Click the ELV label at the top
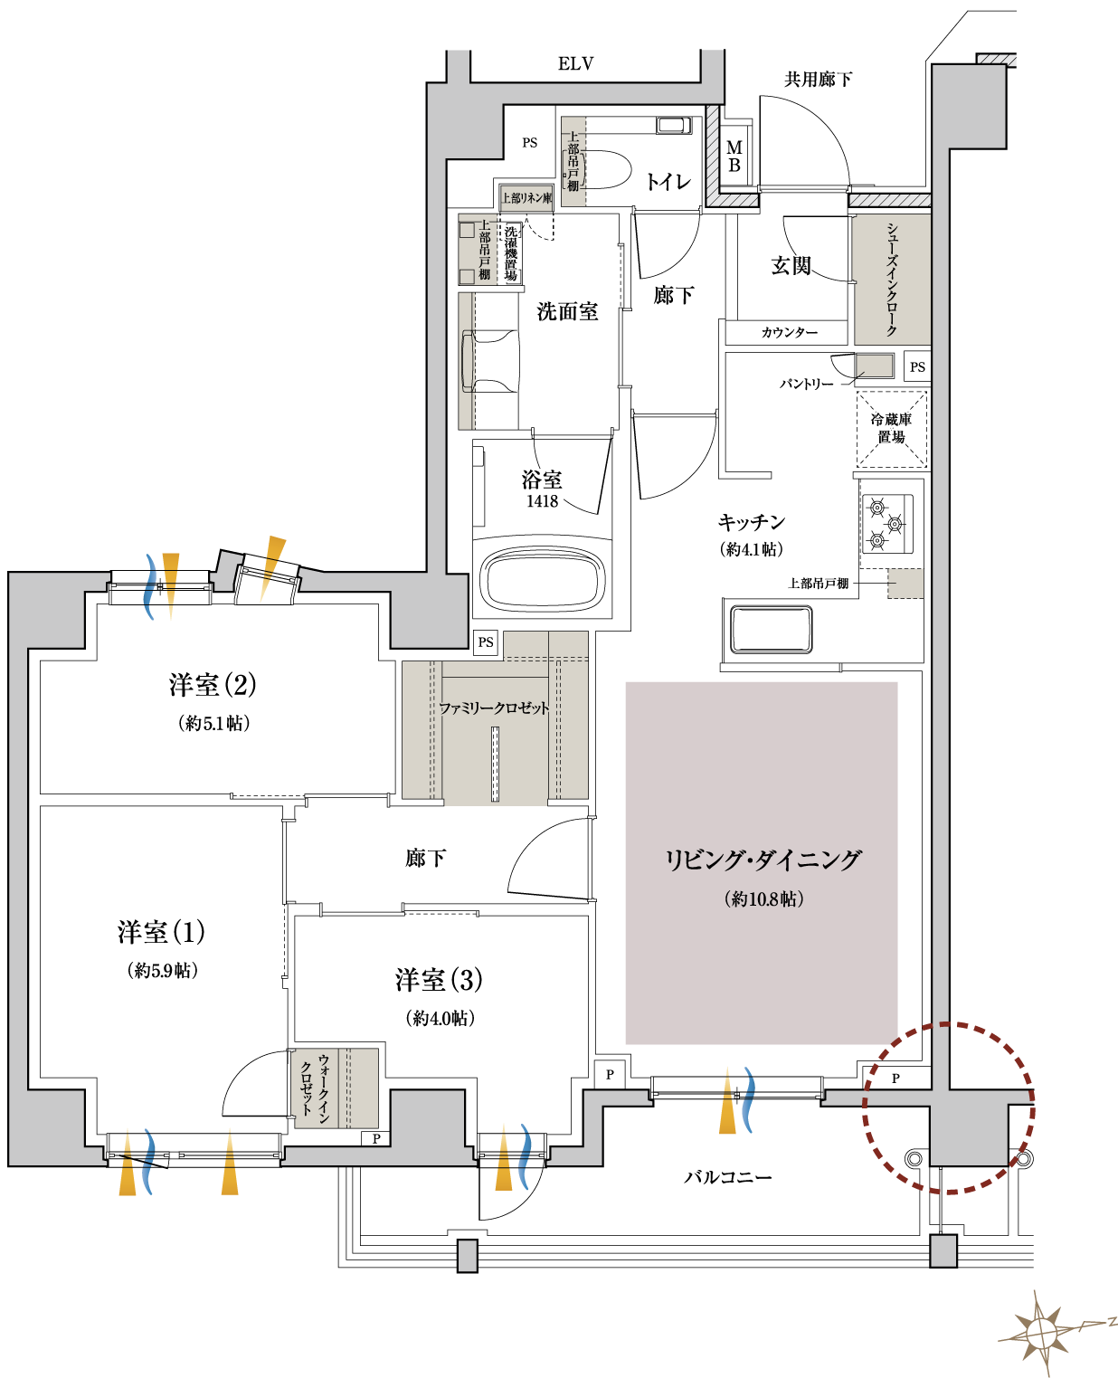click(x=575, y=63)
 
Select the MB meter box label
click(x=734, y=157)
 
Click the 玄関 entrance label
click(x=791, y=265)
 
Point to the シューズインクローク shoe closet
click(x=893, y=280)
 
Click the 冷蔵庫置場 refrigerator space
click(x=892, y=429)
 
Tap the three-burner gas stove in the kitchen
click(x=886, y=524)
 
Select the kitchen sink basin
click(x=771, y=630)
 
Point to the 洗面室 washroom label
click(x=567, y=312)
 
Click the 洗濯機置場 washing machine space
click(x=510, y=253)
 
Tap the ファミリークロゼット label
click(x=494, y=708)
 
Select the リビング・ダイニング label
click(x=763, y=860)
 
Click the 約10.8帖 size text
click(x=763, y=898)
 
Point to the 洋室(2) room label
click(x=213, y=684)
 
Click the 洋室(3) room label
click(x=439, y=980)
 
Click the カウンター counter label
click(x=790, y=333)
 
